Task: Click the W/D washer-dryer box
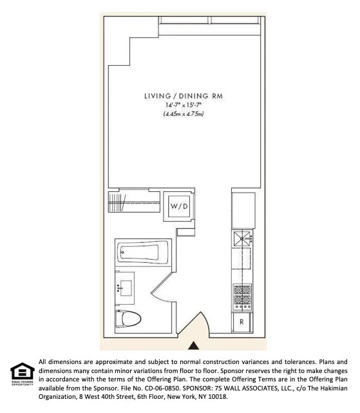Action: coord(178,206)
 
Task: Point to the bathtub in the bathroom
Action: coord(143,252)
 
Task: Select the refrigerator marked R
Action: coord(242,321)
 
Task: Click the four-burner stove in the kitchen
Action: coord(242,294)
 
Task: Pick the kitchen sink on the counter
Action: coord(242,240)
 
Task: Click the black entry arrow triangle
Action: coord(194,345)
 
